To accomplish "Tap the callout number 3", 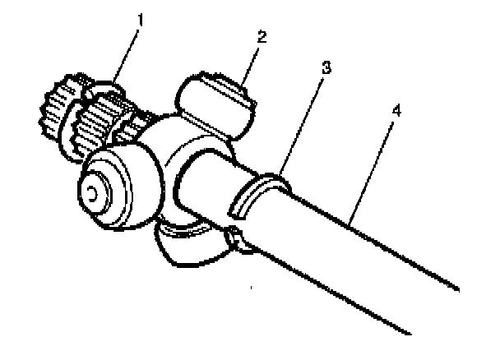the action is pyautogui.click(x=327, y=67).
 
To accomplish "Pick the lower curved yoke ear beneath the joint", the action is pyautogui.click(x=186, y=247).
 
